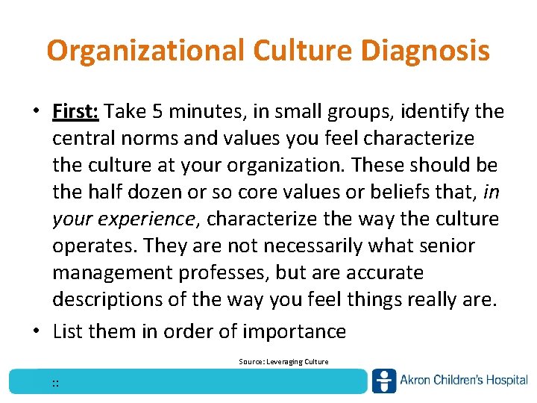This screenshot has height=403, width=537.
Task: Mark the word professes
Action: pyautogui.click(x=228, y=273)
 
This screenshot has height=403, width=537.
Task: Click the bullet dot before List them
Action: pyautogui.click(x=37, y=331)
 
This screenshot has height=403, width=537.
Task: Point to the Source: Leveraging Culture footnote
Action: pyautogui.click(x=283, y=362)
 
